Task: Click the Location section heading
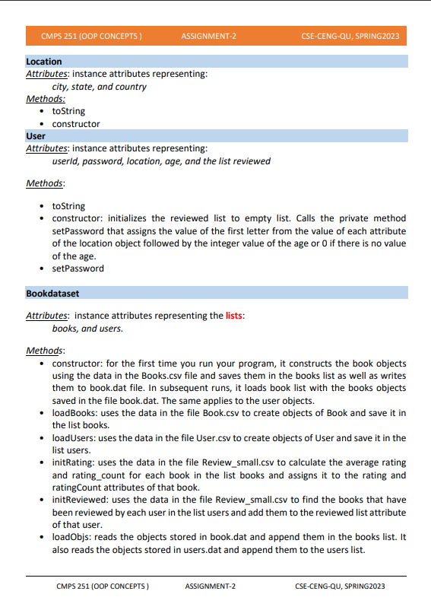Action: point(44,62)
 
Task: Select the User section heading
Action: point(36,136)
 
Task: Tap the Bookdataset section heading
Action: point(52,293)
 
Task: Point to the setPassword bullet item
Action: point(78,268)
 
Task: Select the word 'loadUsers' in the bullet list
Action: point(74,438)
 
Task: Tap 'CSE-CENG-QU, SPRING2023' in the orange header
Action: point(349,37)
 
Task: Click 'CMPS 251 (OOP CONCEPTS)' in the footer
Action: point(102,586)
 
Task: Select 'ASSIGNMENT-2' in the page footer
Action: point(211,586)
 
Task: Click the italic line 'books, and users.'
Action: point(87,329)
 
